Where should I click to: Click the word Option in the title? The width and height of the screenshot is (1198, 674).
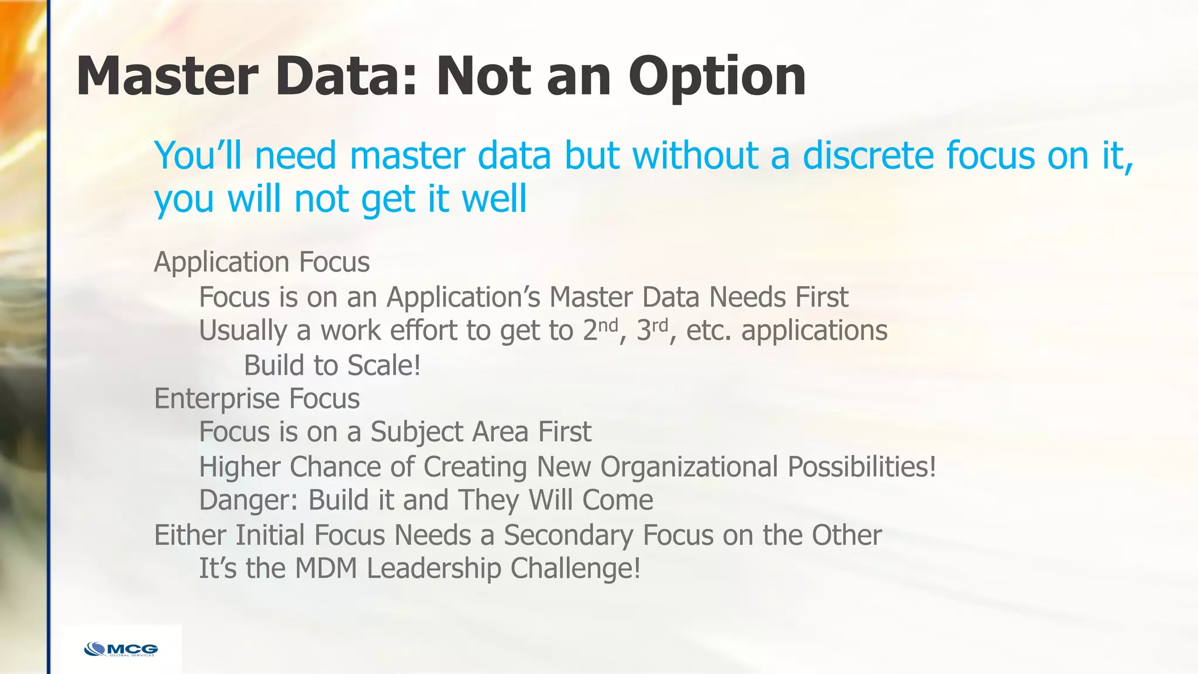[717, 77]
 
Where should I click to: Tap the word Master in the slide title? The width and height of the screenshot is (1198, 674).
[167, 76]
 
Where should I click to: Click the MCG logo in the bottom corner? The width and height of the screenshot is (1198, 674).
[121, 649]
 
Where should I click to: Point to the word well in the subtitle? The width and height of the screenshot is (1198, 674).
[494, 199]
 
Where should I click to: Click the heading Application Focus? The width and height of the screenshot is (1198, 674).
[261, 262]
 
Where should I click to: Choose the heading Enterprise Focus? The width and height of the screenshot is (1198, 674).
[257, 398]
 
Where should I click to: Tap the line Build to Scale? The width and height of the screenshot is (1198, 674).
[332, 365]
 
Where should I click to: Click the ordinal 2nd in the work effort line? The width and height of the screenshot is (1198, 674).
[600, 330]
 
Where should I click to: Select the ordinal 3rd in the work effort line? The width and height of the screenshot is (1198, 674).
[652, 330]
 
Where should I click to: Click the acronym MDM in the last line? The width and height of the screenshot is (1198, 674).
[326, 568]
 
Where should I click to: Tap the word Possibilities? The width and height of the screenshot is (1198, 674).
[862, 467]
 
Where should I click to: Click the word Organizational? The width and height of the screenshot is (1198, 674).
[689, 467]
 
